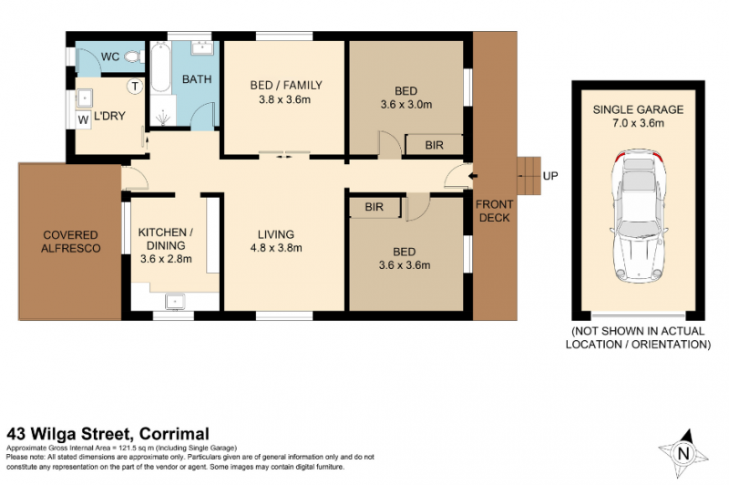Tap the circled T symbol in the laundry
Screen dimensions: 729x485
[135, 86]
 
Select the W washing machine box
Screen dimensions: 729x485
[83, 119]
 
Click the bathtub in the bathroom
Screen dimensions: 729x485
[160, 67]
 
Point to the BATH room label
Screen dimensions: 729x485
[197, 79]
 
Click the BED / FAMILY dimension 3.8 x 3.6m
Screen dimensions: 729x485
[284, 99]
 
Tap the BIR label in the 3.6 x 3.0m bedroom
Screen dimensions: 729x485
[434, 145]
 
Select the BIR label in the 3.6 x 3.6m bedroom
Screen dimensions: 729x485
[375, 207]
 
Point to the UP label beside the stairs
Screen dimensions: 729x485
[550, 176]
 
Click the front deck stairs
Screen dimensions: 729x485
[529, 176]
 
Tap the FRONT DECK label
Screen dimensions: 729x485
[494, 212]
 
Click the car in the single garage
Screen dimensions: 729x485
[639, 216]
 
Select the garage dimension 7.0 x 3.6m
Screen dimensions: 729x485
[638, 123]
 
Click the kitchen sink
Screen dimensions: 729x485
[175, 302]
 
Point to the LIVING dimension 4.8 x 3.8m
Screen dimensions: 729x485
[276, 248]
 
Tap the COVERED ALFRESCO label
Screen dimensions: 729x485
[71, 242]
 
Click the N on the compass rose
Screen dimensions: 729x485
[683, 453]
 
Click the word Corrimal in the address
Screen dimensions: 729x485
[174, 434]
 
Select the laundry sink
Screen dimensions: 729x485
[85, 98]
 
